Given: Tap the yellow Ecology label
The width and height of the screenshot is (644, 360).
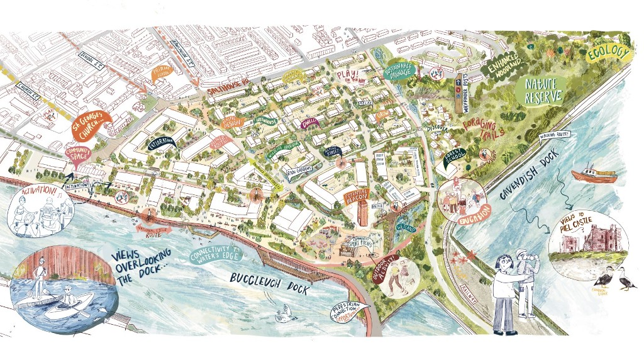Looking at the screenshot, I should point(607,55).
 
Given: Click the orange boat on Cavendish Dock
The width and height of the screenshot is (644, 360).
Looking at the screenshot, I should point(593,174).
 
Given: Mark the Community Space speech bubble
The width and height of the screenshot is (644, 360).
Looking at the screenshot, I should point(79,154).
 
